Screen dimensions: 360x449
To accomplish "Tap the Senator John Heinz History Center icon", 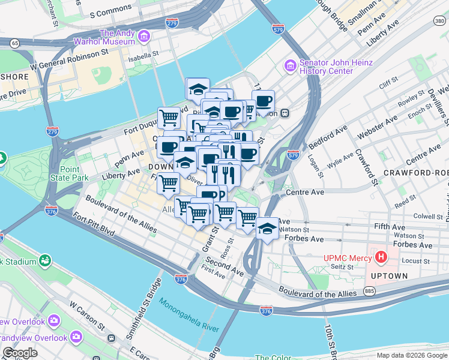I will click(x=290, y=64).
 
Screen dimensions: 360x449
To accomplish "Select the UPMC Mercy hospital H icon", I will click(x=380, y=257).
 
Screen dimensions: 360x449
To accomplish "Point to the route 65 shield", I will click(x=14, y=43).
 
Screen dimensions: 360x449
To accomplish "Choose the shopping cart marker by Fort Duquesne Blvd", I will click(x=169, y=117).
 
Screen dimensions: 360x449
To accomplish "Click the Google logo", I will click(x=20, y=353).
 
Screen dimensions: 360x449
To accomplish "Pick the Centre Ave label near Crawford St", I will click(x=307, y=193).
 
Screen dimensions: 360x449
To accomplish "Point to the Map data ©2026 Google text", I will click(x=412, y=355).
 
